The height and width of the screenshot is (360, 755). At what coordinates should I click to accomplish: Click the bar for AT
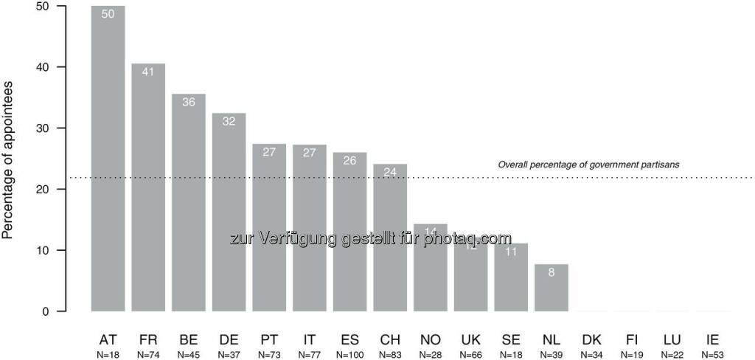coord(108,159)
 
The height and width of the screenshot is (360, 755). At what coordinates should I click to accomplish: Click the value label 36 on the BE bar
coord(189,103)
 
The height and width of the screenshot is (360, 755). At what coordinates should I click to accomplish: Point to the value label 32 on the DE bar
coord(229,122)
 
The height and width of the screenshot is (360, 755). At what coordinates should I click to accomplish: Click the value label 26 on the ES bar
coord(349,161)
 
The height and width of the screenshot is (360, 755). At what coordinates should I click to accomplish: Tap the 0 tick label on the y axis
coord(46,311)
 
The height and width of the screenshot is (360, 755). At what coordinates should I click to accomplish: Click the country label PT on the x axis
coord(269,340)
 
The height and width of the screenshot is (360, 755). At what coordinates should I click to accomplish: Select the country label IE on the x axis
coord(712,340)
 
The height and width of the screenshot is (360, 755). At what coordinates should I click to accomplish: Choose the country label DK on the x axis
coord(591,340)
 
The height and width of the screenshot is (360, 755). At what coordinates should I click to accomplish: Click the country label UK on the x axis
coord(470,340)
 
